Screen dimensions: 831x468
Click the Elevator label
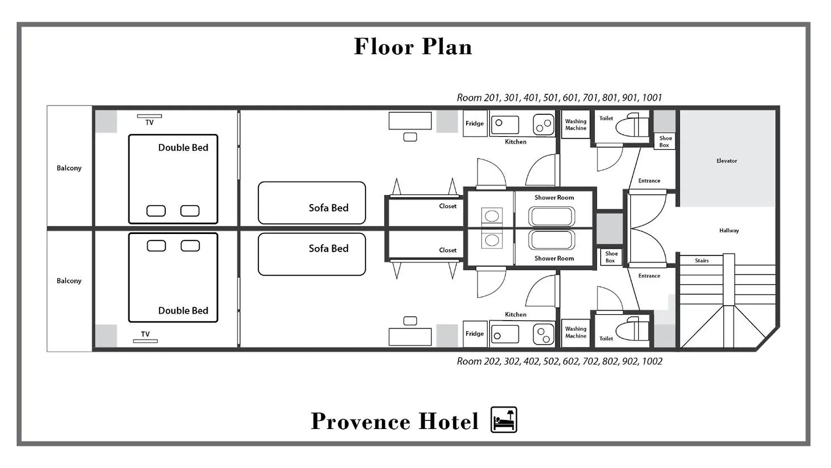coord(727,161)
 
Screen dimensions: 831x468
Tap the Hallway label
coord(729,231)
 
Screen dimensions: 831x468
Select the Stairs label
coord(702,260)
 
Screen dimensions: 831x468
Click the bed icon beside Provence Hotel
coord(504,419)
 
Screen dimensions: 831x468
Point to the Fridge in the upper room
coord(475,123)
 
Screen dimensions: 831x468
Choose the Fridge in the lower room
coord(475,334)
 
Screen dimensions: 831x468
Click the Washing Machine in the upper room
coord(576,124)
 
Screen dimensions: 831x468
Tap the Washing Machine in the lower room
coord(576,332)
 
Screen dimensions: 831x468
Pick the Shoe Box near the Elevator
coord(664,141)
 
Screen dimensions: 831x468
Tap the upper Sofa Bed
coord(312,203)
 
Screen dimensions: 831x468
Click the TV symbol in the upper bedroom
coord(149,116)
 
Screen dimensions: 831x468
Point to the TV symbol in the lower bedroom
coord(145,341)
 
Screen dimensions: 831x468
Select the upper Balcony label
coord(69,168)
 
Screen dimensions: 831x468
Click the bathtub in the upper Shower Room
coord(551,217)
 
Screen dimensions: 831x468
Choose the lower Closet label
coord(448,250)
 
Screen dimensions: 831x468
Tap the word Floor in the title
coord(384,46)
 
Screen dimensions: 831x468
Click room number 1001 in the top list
coord(652,98)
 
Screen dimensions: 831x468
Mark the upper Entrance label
coord(649,181)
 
